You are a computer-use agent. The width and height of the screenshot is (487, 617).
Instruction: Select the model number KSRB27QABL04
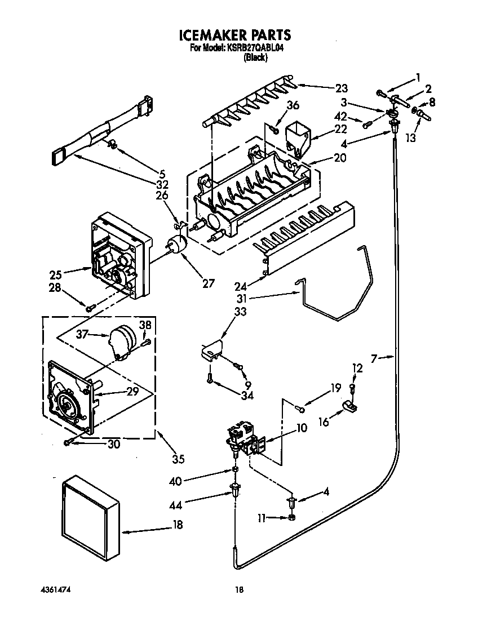tap(254, 48)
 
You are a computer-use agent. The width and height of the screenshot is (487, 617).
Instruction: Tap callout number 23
tap(342, 88)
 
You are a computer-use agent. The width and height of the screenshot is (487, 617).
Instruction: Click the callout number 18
tap(178, 525)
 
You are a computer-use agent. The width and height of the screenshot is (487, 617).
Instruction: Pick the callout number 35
tap(178, 459)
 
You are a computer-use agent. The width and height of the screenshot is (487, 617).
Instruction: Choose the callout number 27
tap(208, 283)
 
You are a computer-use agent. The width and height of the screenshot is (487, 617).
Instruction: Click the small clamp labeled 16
tap(349, 406)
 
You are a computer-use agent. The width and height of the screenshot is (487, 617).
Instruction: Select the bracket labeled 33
tap(211, 349)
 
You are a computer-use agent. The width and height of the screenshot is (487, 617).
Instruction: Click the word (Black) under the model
tap(255, 57)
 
